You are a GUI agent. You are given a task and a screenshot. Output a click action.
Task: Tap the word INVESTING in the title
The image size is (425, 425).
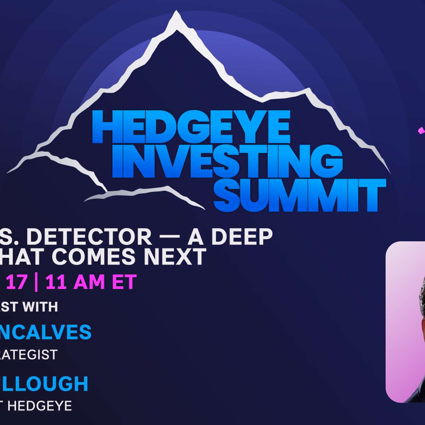click(227, 161)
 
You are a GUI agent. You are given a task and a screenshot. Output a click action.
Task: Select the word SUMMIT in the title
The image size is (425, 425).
click(299, 195)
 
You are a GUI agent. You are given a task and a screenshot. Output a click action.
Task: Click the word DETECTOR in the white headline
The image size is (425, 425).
click(89, 237)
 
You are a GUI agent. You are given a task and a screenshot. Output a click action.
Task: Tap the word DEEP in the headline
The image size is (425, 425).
click(242, 237)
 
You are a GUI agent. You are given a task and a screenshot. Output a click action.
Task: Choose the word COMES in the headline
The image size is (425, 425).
click(93, 257)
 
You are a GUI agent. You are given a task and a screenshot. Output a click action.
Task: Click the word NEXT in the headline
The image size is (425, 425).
click(175, 257)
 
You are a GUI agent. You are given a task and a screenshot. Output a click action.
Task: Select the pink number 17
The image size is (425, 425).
click(16, 282)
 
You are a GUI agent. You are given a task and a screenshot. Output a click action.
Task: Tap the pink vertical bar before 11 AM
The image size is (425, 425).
click(36, 282)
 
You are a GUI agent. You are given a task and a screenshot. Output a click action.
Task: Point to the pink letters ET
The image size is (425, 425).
click(124, 282)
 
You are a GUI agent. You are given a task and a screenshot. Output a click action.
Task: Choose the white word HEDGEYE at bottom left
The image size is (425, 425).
click(39, 406)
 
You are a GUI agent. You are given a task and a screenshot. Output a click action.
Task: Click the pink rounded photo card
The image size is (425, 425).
click(405, 322)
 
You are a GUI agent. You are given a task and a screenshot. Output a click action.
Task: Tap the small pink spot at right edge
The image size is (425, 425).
click(421, 131)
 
